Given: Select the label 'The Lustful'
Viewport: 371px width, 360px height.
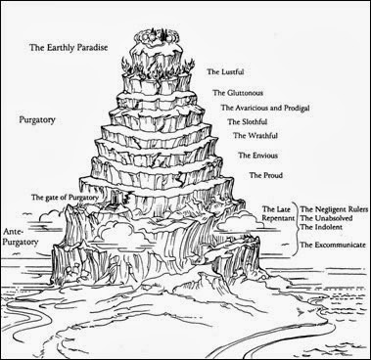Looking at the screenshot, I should (229, 71).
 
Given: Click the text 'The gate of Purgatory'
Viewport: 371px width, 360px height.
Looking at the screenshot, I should (69, 198).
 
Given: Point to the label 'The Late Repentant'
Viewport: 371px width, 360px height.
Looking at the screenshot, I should (278, 215).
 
